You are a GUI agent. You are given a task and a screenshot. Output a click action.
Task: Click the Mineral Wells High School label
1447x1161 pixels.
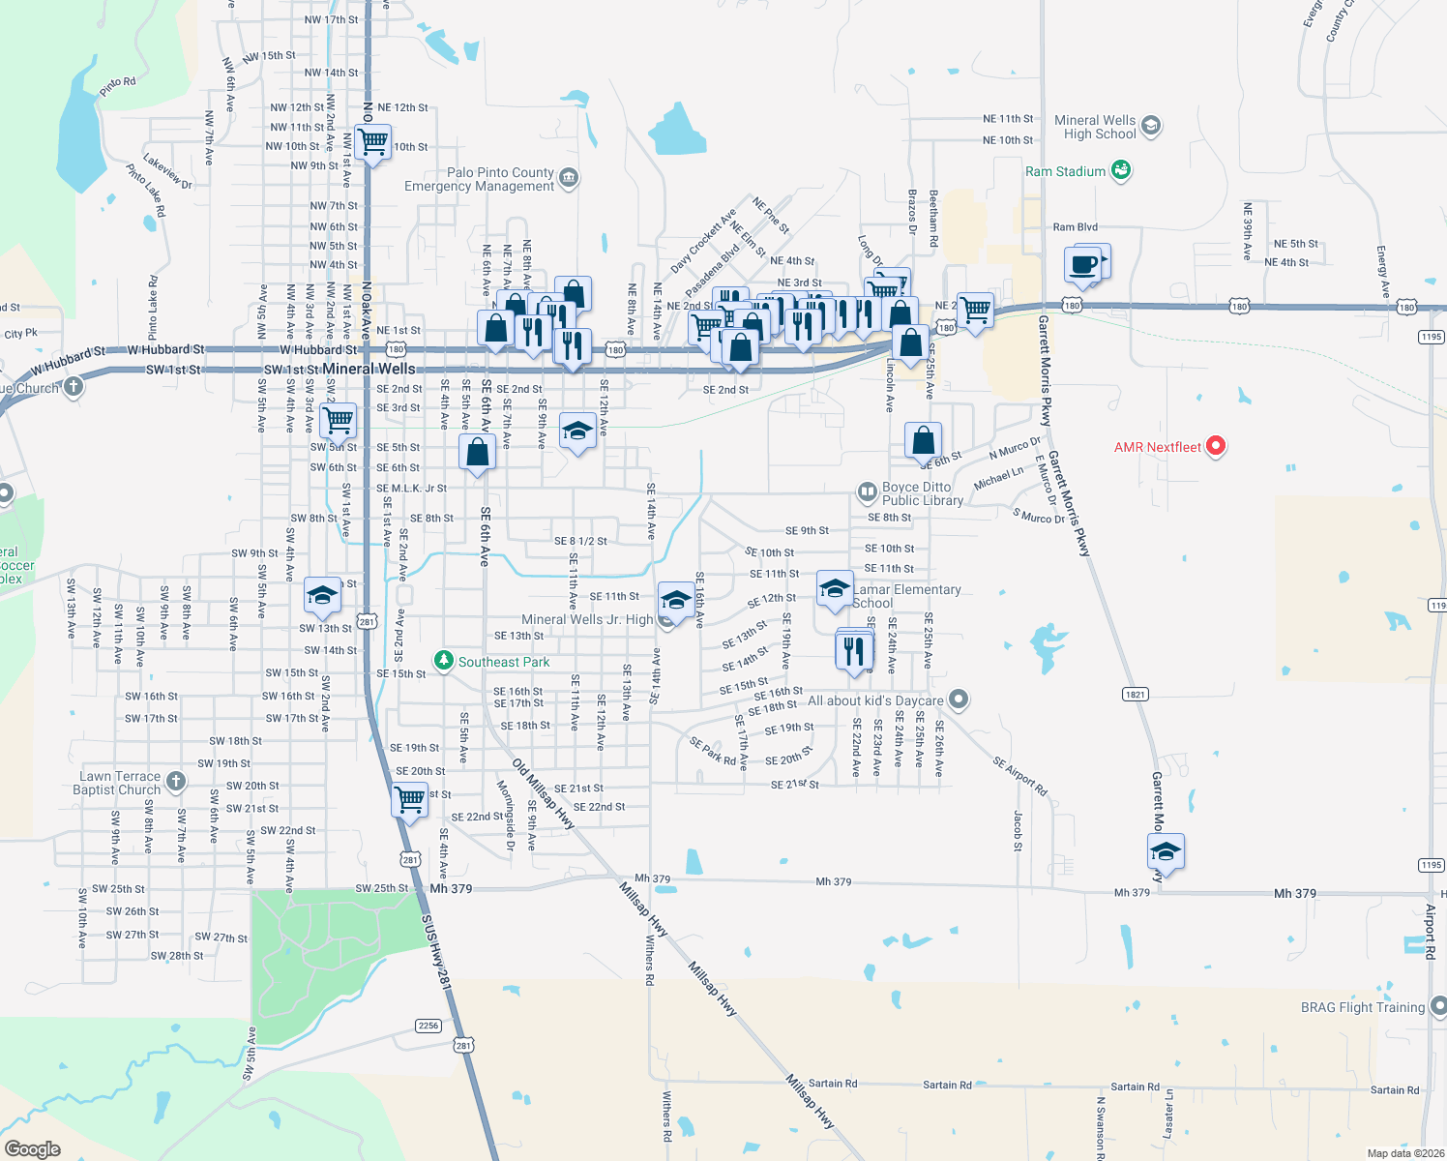click(1095, 127)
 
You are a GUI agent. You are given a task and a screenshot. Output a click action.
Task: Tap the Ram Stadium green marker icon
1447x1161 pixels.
click(1121, 170)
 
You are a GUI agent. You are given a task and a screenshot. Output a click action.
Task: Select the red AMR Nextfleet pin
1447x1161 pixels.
click(1216, 446)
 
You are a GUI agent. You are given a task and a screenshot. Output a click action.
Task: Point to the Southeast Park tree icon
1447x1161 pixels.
click(443, 661)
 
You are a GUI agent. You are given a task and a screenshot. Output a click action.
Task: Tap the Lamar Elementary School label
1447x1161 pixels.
click(906, 596)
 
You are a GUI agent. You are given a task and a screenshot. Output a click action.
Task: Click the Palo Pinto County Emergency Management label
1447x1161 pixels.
click(479, 179)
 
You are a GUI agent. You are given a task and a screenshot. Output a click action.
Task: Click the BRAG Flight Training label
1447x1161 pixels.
click(1362, 1007)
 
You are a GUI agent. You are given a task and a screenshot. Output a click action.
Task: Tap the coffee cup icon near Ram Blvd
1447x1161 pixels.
click(1084, 264)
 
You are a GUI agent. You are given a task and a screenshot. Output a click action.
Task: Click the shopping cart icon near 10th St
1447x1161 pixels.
click(372, 142)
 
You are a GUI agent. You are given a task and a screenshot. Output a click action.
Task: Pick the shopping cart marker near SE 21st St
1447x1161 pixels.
click(410, 800)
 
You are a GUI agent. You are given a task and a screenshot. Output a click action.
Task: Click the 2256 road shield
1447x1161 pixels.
click(428, 1026)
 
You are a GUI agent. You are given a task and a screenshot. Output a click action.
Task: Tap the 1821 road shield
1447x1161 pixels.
click(1136, 694)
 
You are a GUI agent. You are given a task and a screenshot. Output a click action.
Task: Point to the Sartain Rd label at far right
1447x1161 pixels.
click(1394, 1089)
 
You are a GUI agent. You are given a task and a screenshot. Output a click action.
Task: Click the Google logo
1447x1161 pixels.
click(33, 1148)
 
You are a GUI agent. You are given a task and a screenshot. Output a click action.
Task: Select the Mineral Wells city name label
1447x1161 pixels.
click(369, 369)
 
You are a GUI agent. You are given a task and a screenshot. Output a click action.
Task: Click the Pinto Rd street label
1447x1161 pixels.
click(117, 87)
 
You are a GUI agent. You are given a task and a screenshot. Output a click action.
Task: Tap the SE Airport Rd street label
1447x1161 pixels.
click(1019, 776)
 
